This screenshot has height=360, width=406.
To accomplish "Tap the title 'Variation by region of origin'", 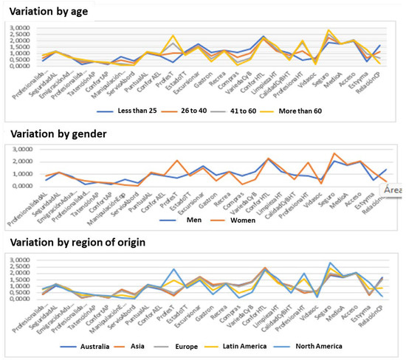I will click(x=80, y=243).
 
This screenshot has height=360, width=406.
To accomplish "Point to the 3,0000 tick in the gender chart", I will click(x=19, y=150).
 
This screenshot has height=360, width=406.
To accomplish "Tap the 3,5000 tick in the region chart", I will click(x=19, y=259).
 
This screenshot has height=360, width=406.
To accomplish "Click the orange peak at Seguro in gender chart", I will click(x=334, y=153).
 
